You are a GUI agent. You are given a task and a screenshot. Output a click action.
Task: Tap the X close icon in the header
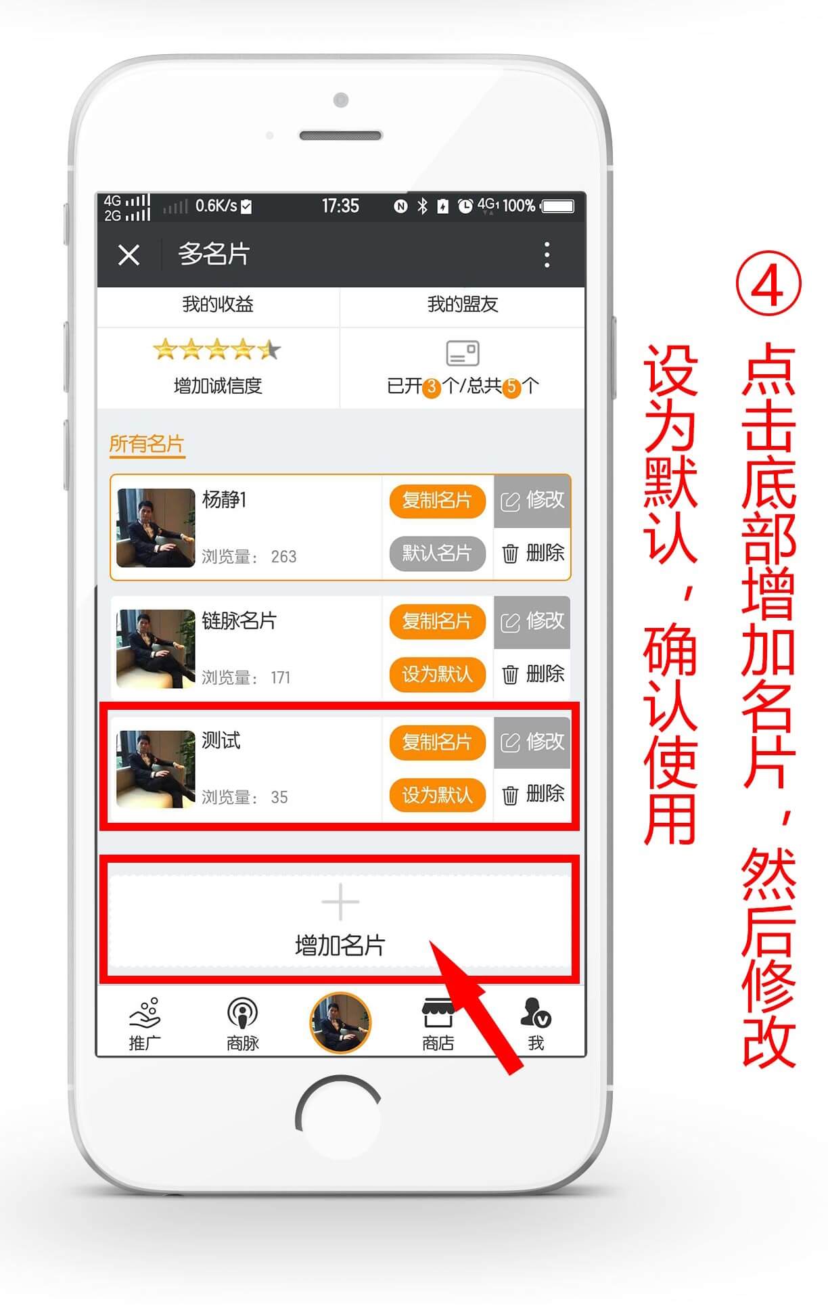(129, 255)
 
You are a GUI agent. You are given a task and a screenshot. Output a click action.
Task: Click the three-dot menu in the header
(547, 255)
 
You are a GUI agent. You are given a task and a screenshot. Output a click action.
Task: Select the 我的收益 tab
(218, 305)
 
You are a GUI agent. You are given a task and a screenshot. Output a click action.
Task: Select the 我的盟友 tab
(463, 305)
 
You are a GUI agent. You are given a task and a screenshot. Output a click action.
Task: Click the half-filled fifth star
(269, 349)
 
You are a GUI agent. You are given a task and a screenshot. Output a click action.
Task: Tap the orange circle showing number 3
(432, 388)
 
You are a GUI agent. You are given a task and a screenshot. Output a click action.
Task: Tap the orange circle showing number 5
(511, 388)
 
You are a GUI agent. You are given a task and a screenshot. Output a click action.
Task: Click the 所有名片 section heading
(147, 444)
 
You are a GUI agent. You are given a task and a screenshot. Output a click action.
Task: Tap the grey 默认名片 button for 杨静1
(437, 554)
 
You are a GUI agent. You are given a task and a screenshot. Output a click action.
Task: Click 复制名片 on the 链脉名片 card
(437, 621)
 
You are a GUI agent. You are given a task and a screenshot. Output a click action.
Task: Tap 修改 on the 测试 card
(532, 742)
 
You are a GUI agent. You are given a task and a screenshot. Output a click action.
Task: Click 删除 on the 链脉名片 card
(533, 674)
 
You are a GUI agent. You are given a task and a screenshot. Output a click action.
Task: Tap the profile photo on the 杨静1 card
(156, 528)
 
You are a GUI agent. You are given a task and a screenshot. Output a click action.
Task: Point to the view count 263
(283, 557)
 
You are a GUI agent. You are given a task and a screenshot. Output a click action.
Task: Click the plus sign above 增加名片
(340, 902)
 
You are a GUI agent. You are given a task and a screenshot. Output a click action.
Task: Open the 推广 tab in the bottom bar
(145, 1024)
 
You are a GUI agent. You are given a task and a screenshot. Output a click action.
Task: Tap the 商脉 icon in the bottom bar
(243, 1013)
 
